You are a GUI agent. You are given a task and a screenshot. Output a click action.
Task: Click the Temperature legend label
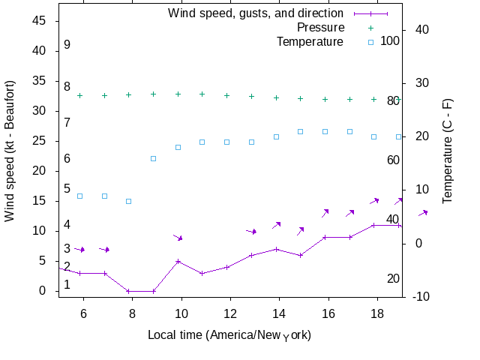coord(310,41)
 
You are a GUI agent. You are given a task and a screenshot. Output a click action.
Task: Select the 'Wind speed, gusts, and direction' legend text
coord(256,13)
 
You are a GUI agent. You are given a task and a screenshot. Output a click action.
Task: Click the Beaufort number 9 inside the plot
coord(67,45)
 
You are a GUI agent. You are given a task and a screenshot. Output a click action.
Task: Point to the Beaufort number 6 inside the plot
coord(67,159)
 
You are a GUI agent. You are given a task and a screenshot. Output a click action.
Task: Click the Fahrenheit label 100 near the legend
coord(390,40)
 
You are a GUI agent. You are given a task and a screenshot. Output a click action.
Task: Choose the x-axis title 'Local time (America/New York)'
coord(229,334)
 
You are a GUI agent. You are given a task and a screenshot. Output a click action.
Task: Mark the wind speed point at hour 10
coord(178,261)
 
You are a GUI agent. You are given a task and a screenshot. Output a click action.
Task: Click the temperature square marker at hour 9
coord(154,158)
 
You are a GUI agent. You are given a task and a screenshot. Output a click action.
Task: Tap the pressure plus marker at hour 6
coord(80,95)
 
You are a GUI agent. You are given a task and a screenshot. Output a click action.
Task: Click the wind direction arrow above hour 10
coord(178,238)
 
